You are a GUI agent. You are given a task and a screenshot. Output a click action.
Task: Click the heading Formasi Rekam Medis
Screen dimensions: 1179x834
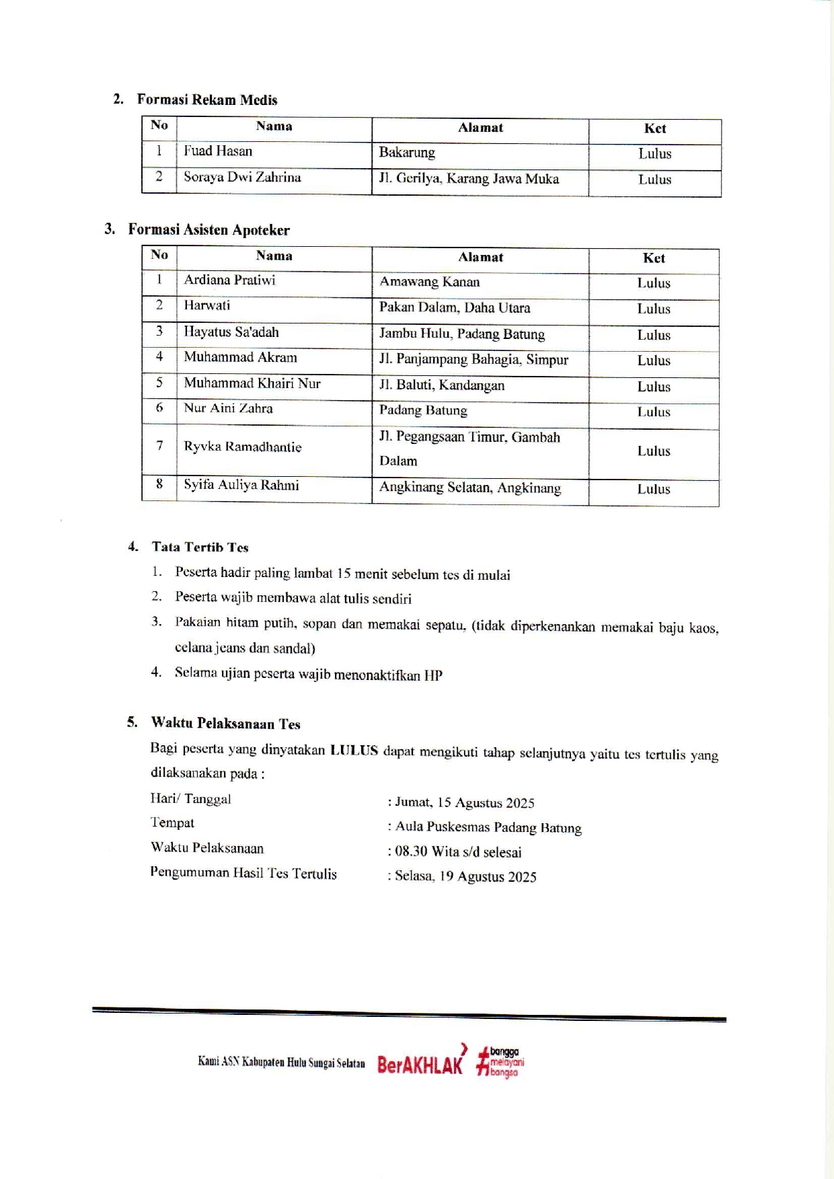(x=207, y=100)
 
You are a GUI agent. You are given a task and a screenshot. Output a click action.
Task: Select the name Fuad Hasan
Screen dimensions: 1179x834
(x=218, y=151)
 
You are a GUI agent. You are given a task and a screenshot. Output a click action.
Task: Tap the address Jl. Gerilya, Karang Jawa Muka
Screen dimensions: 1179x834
(x=469, y=179)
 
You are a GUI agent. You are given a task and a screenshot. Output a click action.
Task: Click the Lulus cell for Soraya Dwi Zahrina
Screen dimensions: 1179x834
(x=654, y=180)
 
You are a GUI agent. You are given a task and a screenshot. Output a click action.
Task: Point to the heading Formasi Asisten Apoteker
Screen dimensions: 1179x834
(x=208, y=230)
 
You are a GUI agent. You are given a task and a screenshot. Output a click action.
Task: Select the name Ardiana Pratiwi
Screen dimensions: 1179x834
(x=229, y=280)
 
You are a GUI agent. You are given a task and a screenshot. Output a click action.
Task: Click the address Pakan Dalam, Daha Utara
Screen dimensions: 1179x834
(x=454, y=308)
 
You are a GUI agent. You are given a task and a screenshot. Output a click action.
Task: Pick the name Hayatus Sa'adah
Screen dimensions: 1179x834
(x=231, y=332)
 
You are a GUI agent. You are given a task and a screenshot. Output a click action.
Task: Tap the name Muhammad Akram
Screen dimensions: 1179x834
(x=240, y=358)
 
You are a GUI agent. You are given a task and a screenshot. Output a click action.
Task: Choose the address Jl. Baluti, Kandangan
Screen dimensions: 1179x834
(x=441, y=386)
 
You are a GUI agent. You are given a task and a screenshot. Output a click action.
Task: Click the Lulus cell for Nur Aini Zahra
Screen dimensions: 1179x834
(x=654, y=412)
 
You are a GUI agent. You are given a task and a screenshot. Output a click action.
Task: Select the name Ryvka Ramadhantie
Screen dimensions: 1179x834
(x=242, y=447)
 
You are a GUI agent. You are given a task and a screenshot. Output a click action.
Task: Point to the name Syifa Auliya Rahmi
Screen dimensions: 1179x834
(x=241, y=486)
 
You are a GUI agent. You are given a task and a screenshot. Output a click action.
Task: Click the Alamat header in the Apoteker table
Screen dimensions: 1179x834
(x=480, y=258)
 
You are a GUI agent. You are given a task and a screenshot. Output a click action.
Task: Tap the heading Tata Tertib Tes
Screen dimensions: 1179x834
(x=200, y=547)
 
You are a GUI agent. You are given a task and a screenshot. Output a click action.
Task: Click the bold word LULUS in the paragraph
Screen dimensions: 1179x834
(x=354, y=751)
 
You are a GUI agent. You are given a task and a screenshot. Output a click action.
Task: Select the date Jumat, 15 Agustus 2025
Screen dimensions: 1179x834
(x=464, y=803)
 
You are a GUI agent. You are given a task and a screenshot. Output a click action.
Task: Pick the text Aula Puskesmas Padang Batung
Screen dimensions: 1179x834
(x=488, y=828)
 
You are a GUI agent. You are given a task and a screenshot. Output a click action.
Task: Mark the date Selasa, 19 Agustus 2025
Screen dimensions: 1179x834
(x=465, y=877)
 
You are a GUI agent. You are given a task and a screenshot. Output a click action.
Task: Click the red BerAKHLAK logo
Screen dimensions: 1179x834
(x=421, y=1063)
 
